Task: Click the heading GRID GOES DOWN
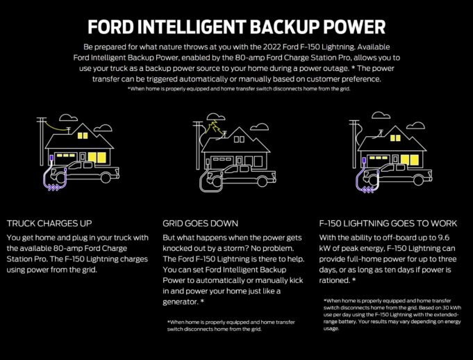coord(201,223)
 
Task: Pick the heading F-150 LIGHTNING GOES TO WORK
coord(388,223)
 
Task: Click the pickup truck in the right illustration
coord(400,170)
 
